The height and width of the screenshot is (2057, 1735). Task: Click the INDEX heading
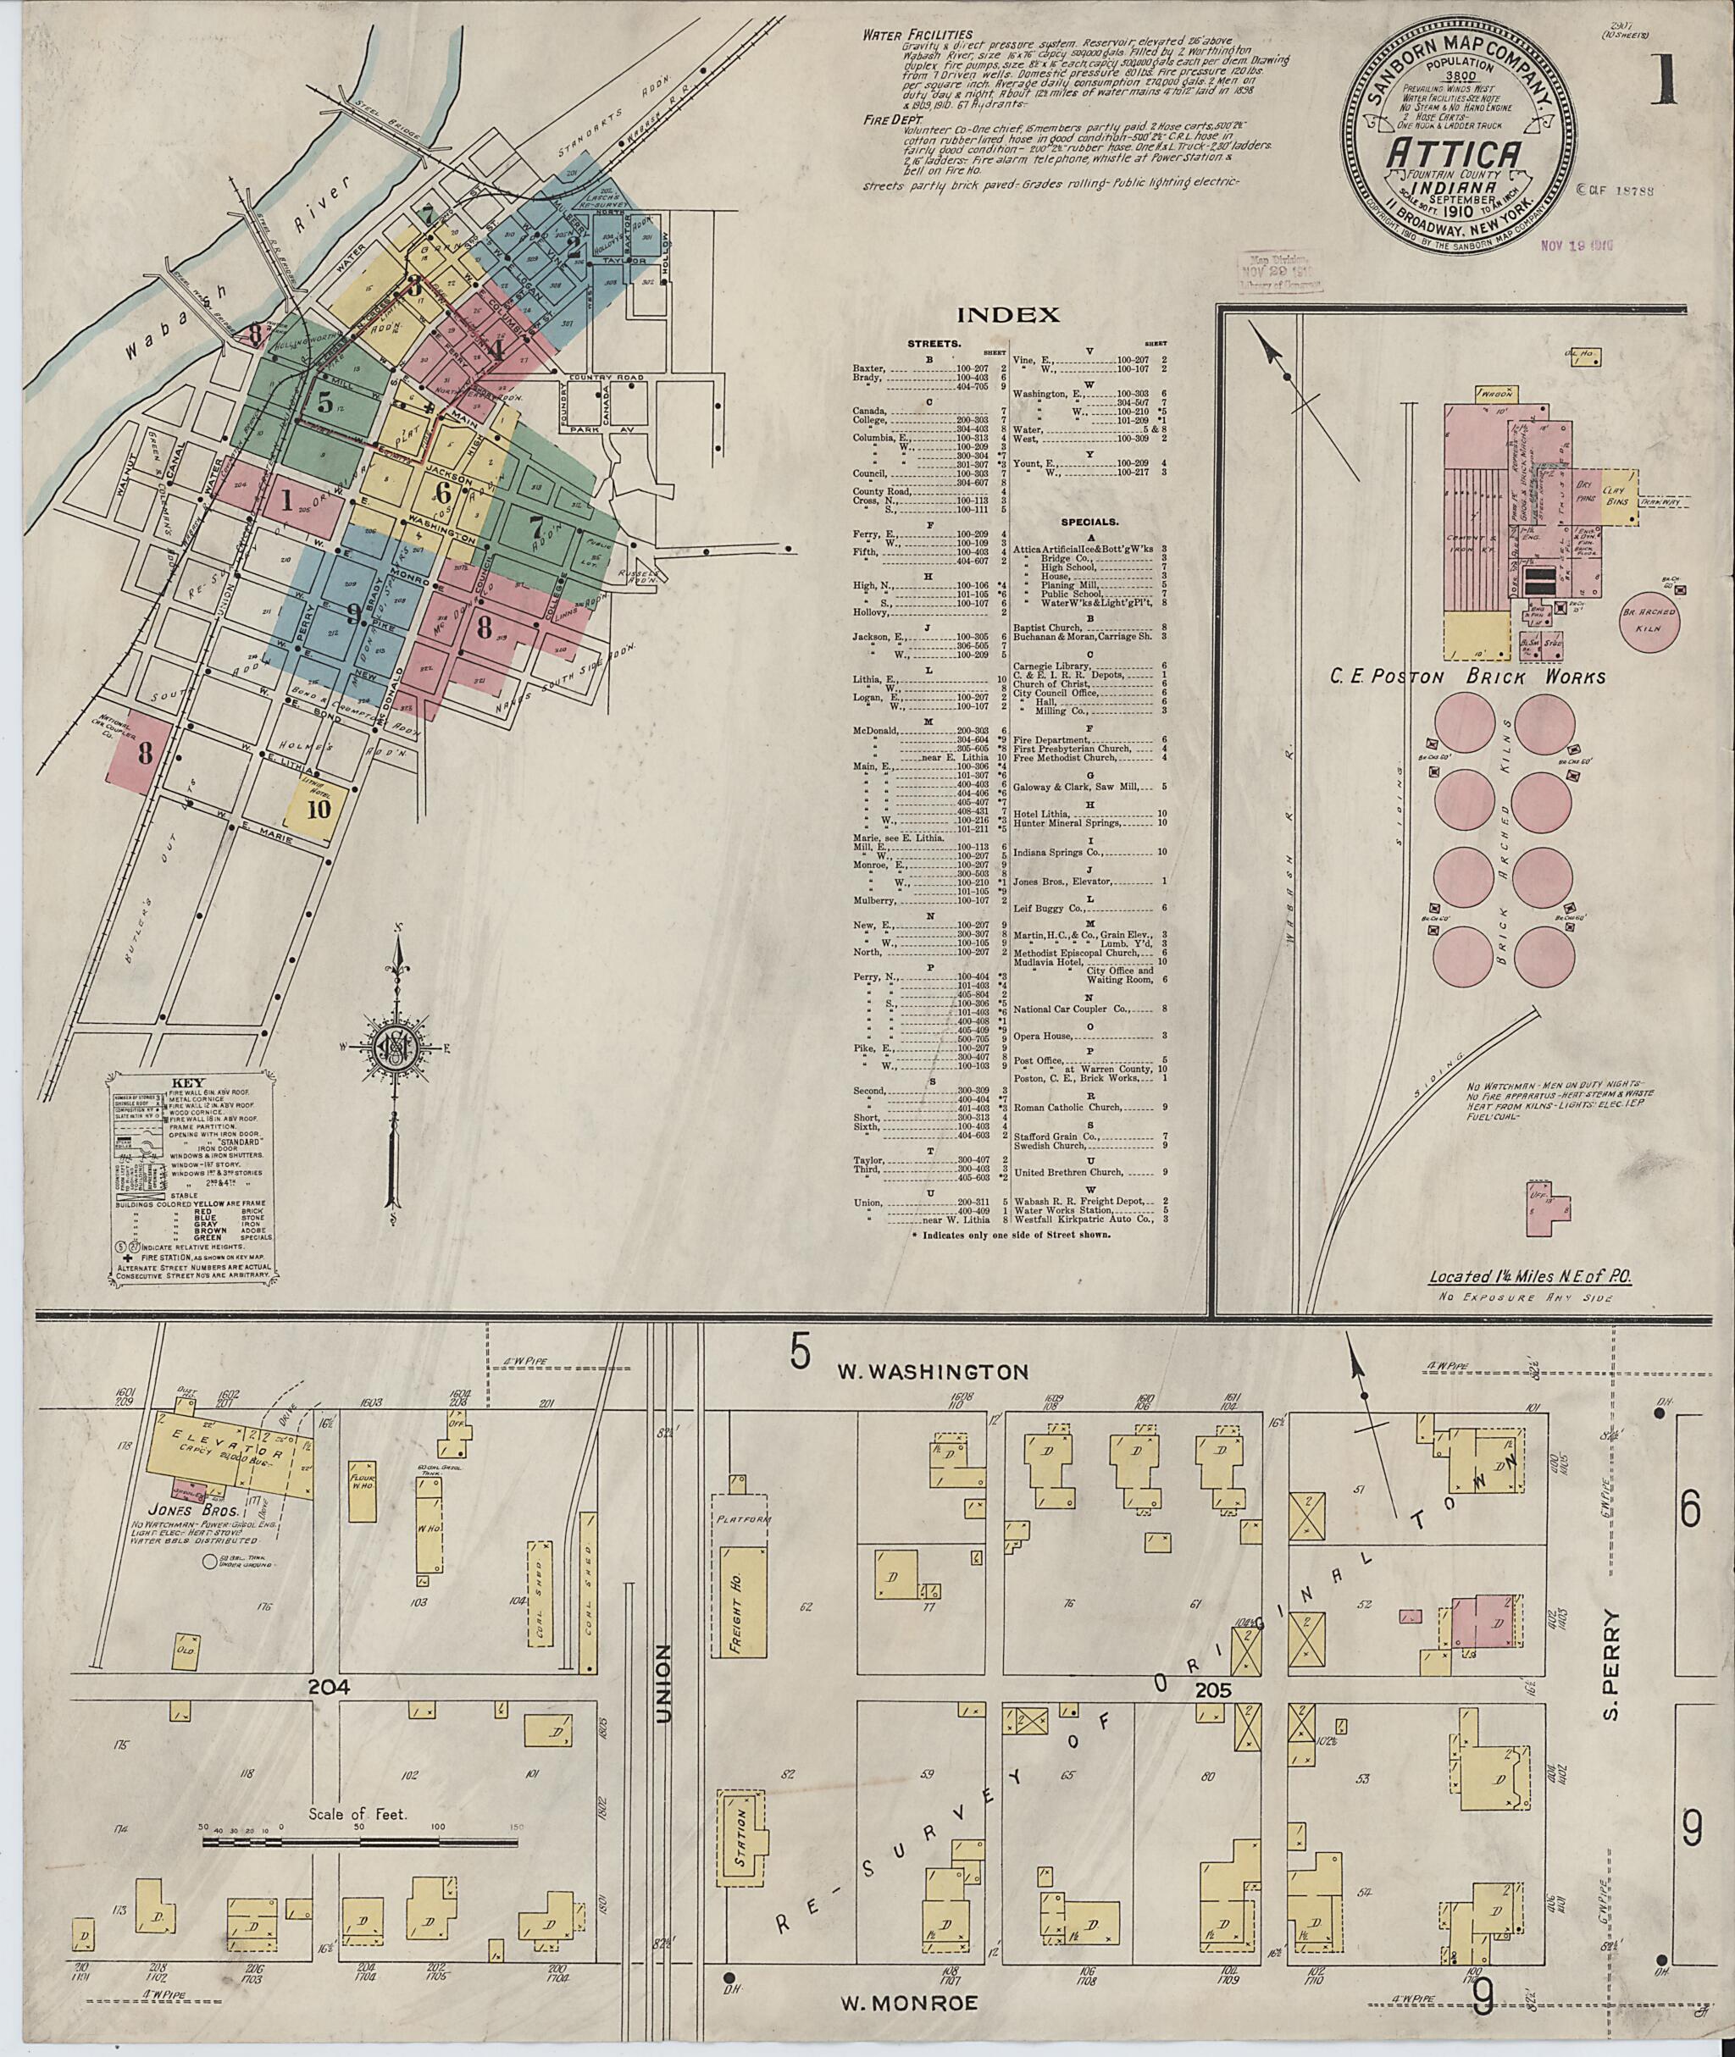pos(1008,316)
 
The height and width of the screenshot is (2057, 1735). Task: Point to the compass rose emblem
pos(398,1049)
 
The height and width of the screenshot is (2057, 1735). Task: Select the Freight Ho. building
pos(739,1605)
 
